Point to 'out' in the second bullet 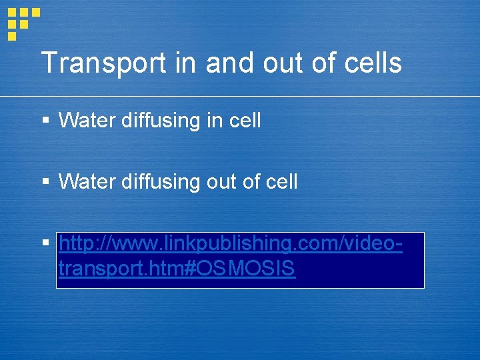(x=209, y=181)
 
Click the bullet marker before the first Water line (x=45, y=121)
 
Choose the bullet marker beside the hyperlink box (x=45, y=244)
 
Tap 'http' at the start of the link (x=72, y=245)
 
